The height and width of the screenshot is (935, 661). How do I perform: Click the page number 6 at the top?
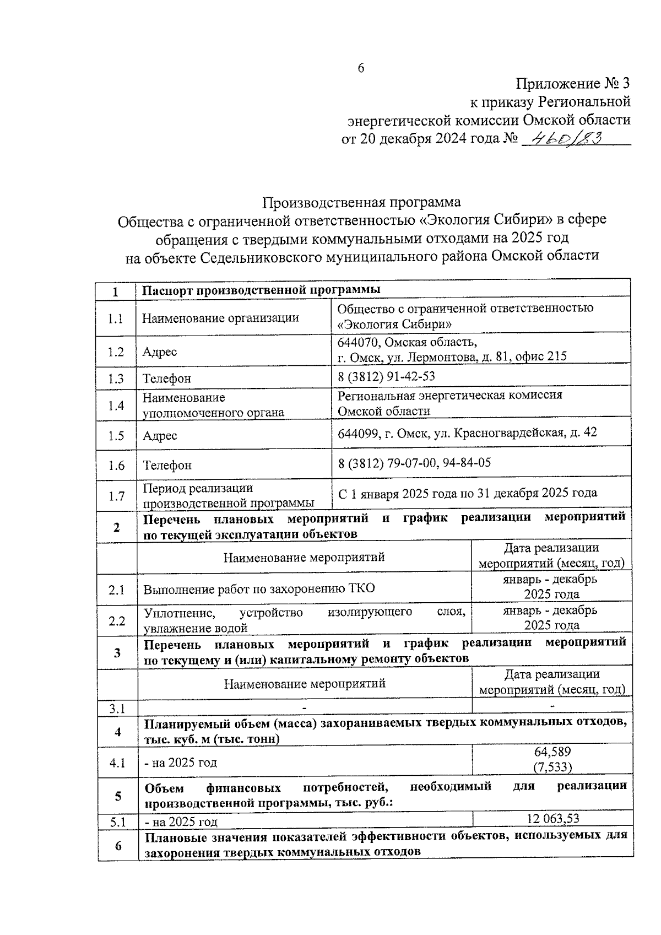coord(361,68)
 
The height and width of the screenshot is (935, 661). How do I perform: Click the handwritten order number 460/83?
coord(562,137)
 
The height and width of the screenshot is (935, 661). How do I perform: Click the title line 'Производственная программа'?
coord(361,202)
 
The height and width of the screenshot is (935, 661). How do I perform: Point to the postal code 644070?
coord(358,342)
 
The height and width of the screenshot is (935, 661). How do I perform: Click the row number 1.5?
coord(116,436)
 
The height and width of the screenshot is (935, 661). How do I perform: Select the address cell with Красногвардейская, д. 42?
coord(467,433)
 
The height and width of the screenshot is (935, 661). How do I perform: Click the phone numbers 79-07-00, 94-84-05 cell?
coord(414,462)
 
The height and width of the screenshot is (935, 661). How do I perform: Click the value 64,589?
coord(552,752)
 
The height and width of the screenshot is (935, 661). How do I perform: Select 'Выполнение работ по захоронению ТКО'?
coord(259,588)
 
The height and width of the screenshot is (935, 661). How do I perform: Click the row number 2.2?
coord(117,621)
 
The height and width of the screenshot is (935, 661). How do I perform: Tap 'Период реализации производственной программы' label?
coord(229,495)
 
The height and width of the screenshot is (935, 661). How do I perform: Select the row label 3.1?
coord(117,709)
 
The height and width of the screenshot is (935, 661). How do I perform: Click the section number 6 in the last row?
coord(118,845)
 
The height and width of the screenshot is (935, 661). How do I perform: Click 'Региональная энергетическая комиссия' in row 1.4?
coord(449,395)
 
